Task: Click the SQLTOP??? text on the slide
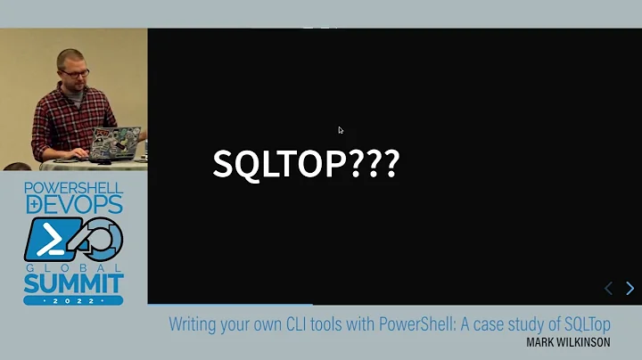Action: [306, 164]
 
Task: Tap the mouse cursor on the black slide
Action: [341, 130]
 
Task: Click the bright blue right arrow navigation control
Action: [630, 288]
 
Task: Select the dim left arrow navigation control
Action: [609, 288]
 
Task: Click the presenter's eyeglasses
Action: [77, 67]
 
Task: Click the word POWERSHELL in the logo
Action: [73, 189]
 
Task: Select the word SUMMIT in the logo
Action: [74, 284]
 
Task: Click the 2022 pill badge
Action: [73, 301]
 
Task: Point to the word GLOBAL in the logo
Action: [73, 266]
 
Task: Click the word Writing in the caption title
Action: [193, 323]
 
